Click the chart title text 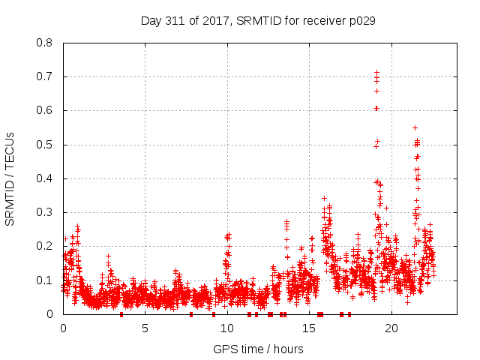coord(258,20)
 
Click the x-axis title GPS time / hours coord(258,349)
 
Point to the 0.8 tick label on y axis coord(46,43)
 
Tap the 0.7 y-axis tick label coord(46,76)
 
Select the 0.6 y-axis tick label coord(46,110)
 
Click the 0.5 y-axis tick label coord(46,144)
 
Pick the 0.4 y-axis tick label coord(46,178)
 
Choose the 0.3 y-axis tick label coord(46,212)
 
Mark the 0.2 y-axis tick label coord(46,246)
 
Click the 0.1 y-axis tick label coord(46,280)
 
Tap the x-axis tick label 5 coord(145,328)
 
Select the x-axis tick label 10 coord(227,328)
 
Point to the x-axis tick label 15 coord(309,328)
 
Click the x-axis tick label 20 coord(391,328)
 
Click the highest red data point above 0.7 coord(376,73)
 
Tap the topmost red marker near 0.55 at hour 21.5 coord(415,127)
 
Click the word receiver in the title coord(327,20)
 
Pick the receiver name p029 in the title coord(363,20)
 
